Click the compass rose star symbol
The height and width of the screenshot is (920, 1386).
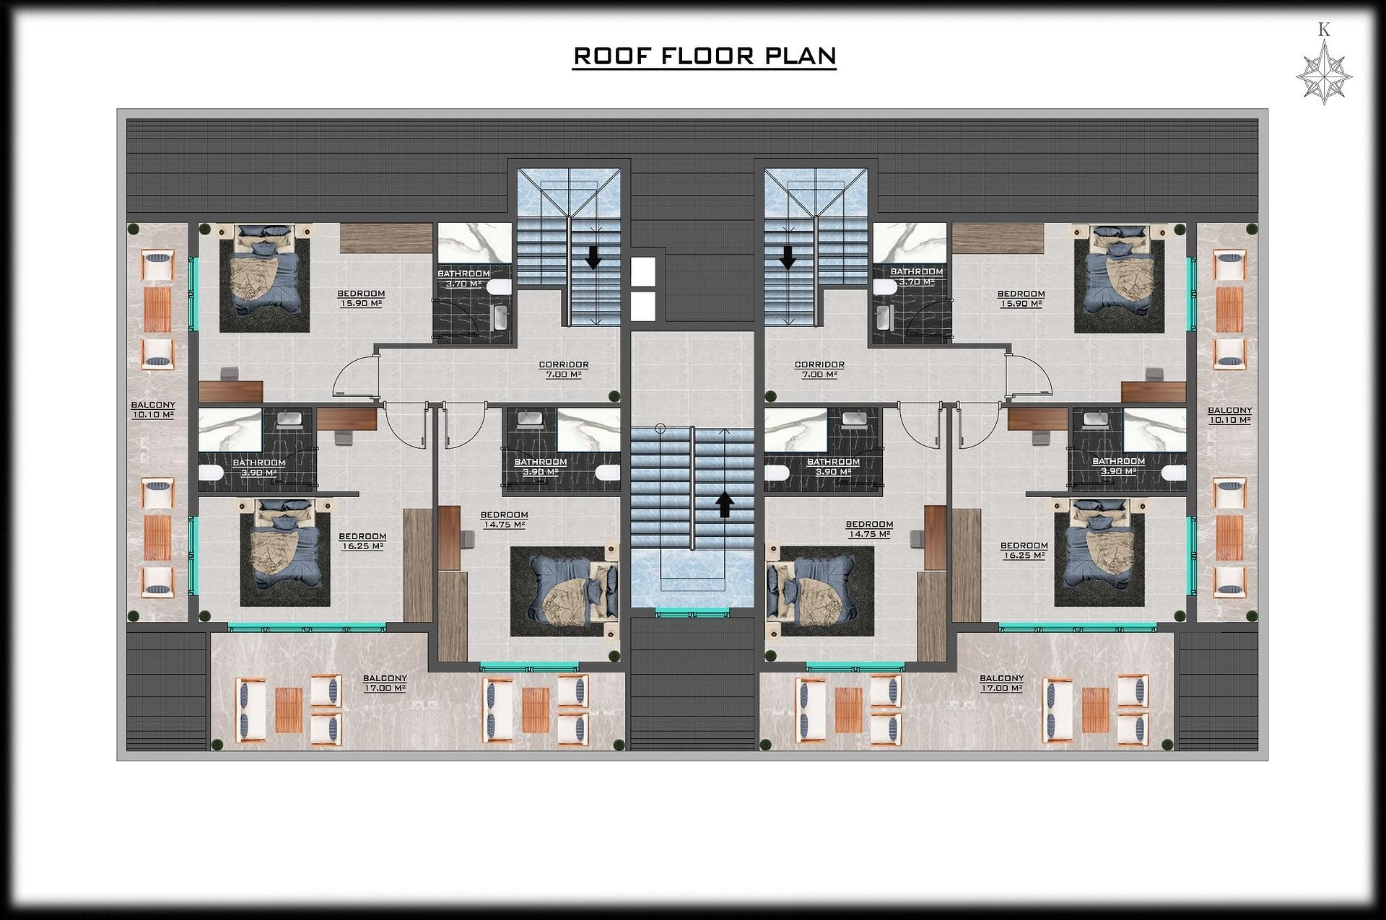tap(1324, 76)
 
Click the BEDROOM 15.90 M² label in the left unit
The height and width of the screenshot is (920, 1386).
tap(361, 299)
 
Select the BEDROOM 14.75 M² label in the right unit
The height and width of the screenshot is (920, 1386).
tap(869, 529)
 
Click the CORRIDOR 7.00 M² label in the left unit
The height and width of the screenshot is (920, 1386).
tap(564, 369)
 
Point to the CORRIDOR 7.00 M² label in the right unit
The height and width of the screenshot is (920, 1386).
tap(819, 369)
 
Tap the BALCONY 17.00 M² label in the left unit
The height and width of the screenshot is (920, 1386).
tap(385, 683)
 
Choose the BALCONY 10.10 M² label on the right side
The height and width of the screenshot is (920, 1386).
tap(1229, 415)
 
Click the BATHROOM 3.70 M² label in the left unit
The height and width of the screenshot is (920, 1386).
tap(463, 279)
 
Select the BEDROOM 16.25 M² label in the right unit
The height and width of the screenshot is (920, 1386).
tap(1024, 551)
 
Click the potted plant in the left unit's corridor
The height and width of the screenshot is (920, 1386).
tap(614, 395)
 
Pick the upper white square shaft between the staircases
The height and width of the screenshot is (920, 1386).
tap(643, 271)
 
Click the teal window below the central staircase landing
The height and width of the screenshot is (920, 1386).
tap(692, 613)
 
